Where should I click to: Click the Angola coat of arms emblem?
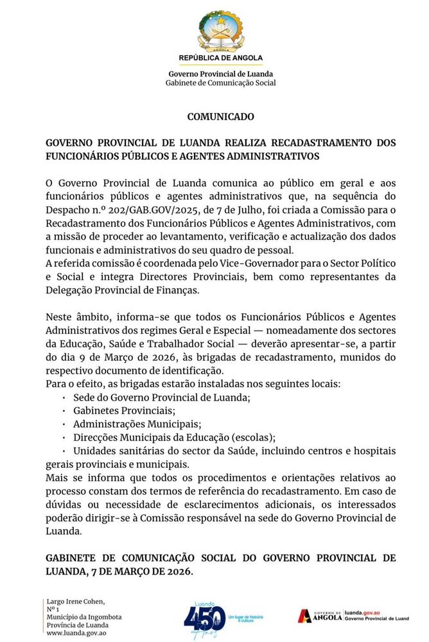pyautogui.click(x=220, y=31)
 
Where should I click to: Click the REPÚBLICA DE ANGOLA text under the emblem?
pyautogui.click(x=220, y=58)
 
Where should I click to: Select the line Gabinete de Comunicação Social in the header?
pyautogui.click(x=220, y=83)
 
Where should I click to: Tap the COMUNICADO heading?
pyautogui.click(x=220, y=117)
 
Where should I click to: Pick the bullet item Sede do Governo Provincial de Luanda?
pyautogui.click(x=162, y=398)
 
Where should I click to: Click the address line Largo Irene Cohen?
pyautogui.click(x=75, y=601)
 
